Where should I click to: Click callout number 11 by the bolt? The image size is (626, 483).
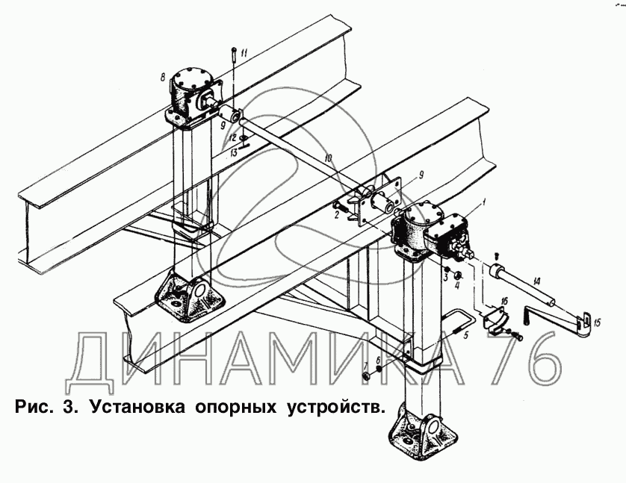coord(244,52)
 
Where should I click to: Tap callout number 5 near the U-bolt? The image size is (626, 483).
coord(465,335)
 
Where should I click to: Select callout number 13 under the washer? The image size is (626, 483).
coord(234,152)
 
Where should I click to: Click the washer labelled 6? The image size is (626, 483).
coord(379,370)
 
